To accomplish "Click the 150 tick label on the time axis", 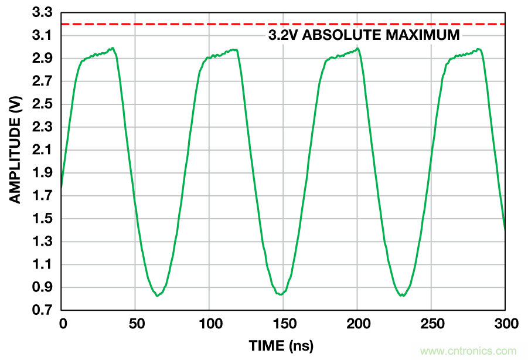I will click(283, 323).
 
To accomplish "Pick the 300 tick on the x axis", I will click(505, 323).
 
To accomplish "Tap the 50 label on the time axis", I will click(135, 323).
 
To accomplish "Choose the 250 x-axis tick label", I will click(431, 323).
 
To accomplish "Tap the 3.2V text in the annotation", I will click(284, 35).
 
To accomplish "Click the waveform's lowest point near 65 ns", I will click(157, 296).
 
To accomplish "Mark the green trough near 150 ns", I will click(282, 294).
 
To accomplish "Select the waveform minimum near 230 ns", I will click(403, 296).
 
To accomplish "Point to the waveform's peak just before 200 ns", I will click(357, 49).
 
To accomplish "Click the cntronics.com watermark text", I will click(469, 351).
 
